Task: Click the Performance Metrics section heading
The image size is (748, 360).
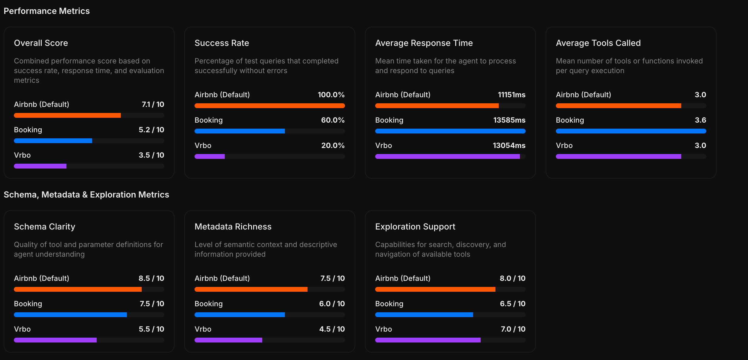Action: tap(47, 11)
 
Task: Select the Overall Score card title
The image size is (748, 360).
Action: tap(41, 43)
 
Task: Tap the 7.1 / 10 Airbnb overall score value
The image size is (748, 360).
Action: tap(153, 104)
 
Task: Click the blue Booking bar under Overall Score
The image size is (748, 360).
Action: tap(53, 141)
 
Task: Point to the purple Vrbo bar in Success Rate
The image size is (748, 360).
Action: tap(210, 156)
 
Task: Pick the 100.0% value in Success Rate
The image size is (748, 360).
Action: tap(331, 95)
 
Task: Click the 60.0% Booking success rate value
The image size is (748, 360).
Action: tap(333, 120)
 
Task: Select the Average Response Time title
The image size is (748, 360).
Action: tap(424, 43)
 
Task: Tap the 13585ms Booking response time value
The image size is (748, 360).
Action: tap(509, 120)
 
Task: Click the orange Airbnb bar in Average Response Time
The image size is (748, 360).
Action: tap(437, 106)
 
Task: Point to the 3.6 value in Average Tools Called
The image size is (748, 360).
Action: tap(700, 120)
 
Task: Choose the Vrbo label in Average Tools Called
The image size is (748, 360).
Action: tap(564, 146)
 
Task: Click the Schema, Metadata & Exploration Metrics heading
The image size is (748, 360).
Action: tap(86, 194)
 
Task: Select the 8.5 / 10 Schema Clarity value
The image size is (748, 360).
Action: tap(151, 278)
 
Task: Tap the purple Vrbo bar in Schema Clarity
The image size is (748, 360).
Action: tap(55, 340)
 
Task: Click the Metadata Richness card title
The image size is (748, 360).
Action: tap(233, 227)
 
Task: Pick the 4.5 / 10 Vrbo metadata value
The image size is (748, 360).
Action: tap(332, 329)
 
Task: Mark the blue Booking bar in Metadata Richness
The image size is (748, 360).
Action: tap(240, 315)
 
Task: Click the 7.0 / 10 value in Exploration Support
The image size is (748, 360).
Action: tap(513, 329)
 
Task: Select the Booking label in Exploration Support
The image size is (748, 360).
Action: tap(389, 304)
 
